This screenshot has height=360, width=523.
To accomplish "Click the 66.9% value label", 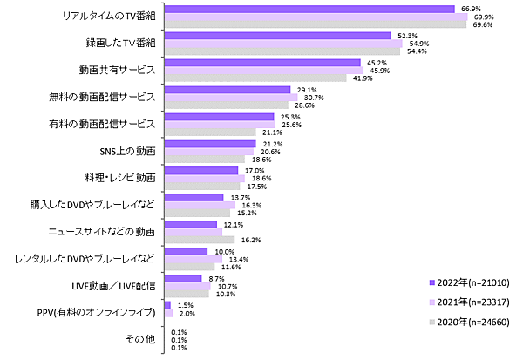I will click(x=469, y=8).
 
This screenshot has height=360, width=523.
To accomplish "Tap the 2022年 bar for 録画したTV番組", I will click(x=277, y=36).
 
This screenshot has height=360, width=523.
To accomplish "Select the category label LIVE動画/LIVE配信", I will click(x=112, y=285).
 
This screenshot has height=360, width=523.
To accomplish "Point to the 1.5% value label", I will click(x=186, y=305).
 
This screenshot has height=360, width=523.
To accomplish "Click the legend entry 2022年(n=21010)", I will click(x=474, y=283).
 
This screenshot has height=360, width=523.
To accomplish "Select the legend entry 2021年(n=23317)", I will click(x=474, y=302).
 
